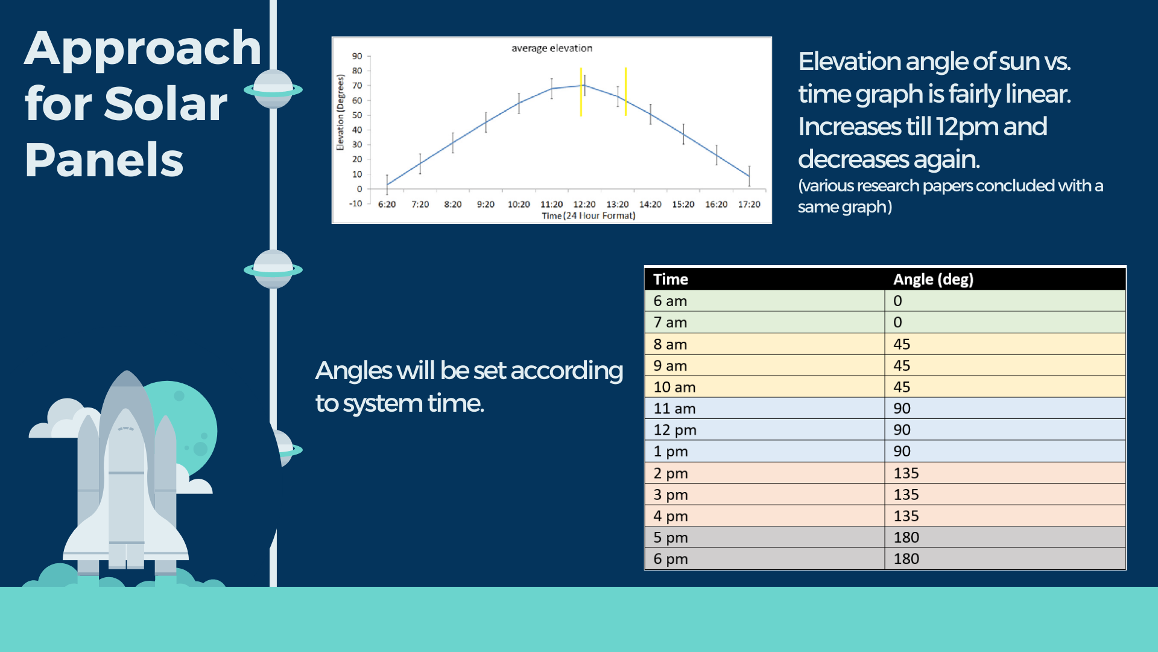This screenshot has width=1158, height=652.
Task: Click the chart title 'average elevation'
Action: point(552,48)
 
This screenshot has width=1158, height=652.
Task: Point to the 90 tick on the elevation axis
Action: point(357,56)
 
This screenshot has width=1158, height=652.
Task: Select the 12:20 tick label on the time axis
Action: point(584,205)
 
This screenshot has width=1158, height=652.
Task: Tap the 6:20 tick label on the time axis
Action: point(387,205)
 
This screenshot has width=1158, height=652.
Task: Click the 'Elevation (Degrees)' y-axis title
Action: point(340,113)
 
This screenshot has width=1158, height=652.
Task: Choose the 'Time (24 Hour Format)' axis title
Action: point(589,216)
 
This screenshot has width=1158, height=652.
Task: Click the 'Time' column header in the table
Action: point(671,280)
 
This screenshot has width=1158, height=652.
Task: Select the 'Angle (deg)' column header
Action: point(933,280)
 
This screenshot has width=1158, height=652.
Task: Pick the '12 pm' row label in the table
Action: point(675,430)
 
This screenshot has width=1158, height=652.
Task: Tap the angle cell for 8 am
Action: point(902,344)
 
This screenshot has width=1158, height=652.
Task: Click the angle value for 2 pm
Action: point(906,473)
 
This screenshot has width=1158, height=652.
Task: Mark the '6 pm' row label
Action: point(671,559)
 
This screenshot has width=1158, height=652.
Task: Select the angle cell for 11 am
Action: point(902,409)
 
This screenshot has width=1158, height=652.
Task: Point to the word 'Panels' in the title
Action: point(104,160)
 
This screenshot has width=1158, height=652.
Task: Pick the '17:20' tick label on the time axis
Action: point(749,205)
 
